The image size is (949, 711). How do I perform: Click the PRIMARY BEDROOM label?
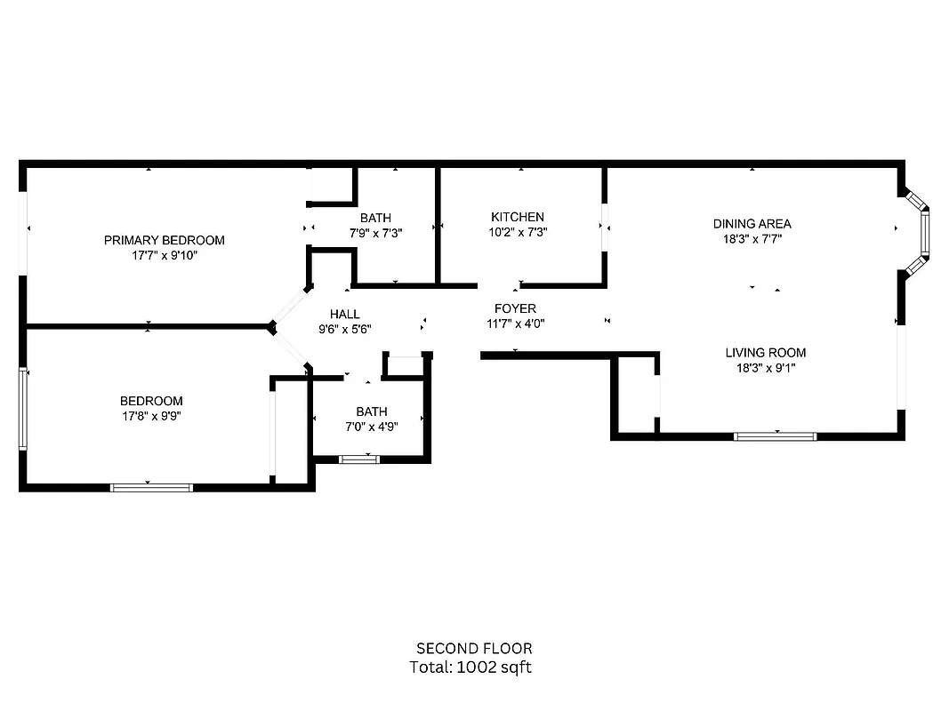pos(164,240)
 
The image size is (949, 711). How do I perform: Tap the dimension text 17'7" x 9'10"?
pos(164,256)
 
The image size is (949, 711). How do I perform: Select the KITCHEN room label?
pos(517,217)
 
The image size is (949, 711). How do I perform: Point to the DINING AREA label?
pos(752,224)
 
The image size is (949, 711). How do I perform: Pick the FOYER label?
pos(515,308)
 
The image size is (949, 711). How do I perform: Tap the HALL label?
pos(344,314)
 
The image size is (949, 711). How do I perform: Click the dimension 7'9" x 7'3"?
pos(374,233)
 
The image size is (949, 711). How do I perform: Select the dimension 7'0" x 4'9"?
pos(371,426)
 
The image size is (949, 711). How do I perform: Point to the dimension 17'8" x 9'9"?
pos(151,416)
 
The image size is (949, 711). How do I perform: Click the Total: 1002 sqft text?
pos(470,667)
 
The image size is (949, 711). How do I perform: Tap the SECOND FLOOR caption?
pos(474,649)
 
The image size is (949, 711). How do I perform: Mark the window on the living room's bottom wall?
pos(775,436)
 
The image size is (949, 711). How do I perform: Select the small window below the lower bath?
pos(358,459)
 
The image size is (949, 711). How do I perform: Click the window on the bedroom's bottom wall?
pos(151,487)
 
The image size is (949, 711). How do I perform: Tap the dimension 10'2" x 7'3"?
pos(517,232)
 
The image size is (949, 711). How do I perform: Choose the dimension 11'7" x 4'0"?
pos(515,324)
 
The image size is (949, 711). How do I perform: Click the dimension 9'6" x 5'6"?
pos(344,329)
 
